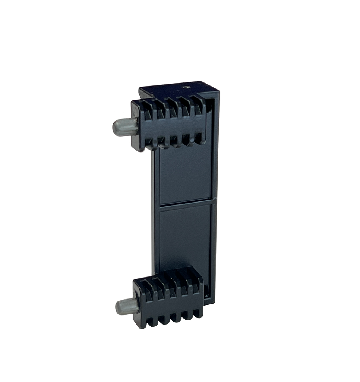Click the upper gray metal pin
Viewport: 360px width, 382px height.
(x=125, y=127)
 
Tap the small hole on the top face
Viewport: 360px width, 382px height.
(x=185, y=87)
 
